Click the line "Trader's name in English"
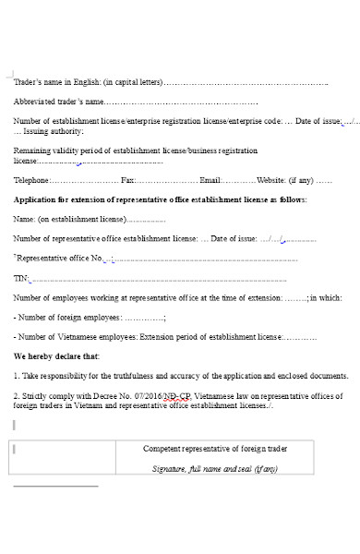point(88,82)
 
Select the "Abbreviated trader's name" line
point(59,102)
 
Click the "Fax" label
point(127,180)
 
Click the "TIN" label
point(20,278)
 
